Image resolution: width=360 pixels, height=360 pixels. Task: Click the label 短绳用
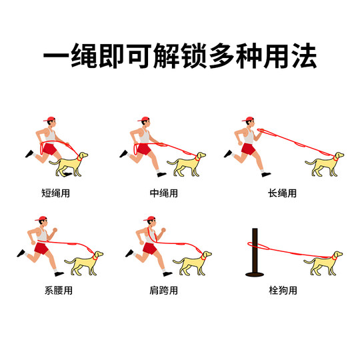coord(56,194)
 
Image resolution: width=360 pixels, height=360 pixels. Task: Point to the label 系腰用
coord(56,291)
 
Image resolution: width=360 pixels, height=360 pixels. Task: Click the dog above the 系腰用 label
coord(83,263)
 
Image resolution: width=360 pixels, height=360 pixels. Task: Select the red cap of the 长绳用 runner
coord(249,120)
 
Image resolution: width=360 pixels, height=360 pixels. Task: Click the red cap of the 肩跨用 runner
coord(149,217)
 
